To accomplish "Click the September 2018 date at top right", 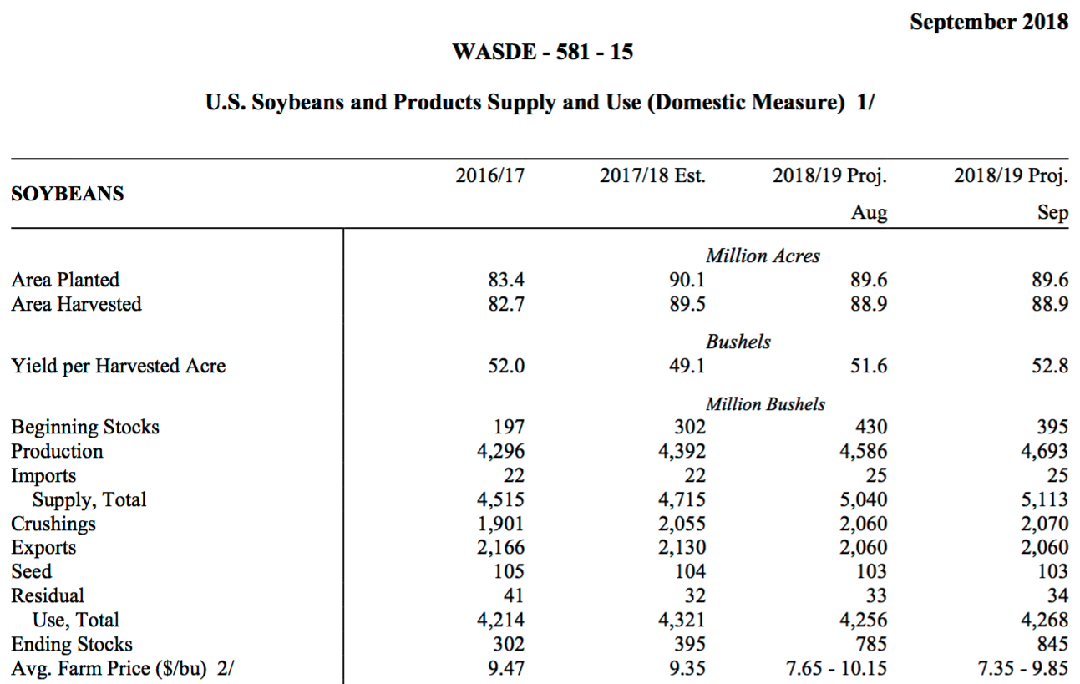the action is [x=988, y=23].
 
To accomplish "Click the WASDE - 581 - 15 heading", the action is [x=542, y=52].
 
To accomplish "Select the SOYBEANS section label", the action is [x=68, y=194].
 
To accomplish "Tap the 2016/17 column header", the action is [x=489, y=175].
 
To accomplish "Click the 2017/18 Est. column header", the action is [x=652, y=175].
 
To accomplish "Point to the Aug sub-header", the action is [x=870, y=213].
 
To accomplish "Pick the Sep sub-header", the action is [x=1053, y=213].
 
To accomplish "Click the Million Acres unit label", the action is [x=763, y=256].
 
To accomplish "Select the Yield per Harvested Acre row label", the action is [x=118, y=367].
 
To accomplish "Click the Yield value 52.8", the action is [x=1050, y=367].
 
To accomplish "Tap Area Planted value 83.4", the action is [x=506, y=280].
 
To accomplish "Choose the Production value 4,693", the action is [x=1044, y=452].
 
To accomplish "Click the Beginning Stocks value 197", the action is [x=510, y=427].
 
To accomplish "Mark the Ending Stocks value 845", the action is [x=1053, y=645].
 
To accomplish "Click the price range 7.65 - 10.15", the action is [x=836, y=669].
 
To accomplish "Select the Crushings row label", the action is [x=53, y=524].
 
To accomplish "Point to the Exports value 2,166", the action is [x=500, y=548].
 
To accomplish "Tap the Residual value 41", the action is [x=514, y=595].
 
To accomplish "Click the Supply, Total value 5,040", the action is [x=864, y=500].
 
